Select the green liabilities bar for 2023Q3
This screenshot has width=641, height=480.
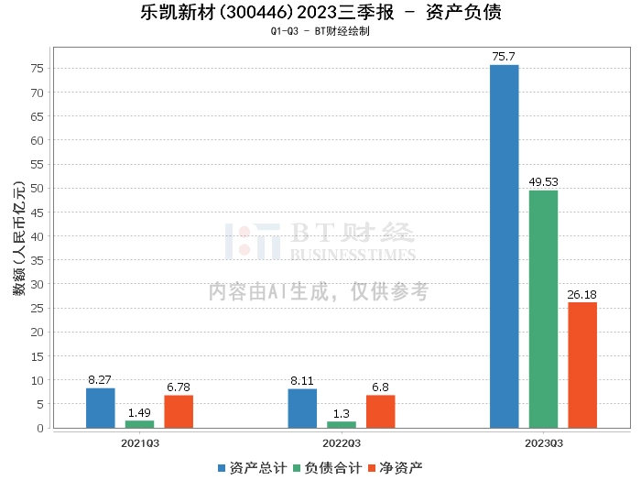[543, 309]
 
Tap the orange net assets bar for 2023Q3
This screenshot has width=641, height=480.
[582, 365]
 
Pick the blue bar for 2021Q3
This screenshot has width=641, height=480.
[101, 408]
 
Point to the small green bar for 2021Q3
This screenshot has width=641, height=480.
[139, 424]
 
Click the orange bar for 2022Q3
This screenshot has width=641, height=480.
[380, 411]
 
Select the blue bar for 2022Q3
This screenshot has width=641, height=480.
[302, 409]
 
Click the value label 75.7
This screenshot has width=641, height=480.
[504, 57]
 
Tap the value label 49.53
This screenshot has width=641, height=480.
[543, 182]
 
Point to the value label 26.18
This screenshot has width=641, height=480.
[582, 294]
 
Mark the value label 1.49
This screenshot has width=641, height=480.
[139, 413]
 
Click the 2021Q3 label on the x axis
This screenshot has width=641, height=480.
[139, 442]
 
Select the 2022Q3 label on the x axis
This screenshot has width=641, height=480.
[341, 442]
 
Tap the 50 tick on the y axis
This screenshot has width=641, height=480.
[38, 189]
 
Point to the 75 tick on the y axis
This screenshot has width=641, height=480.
[38, 69]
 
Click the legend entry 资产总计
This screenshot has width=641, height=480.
[250, 468]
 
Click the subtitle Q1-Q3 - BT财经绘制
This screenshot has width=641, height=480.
[320, 31]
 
